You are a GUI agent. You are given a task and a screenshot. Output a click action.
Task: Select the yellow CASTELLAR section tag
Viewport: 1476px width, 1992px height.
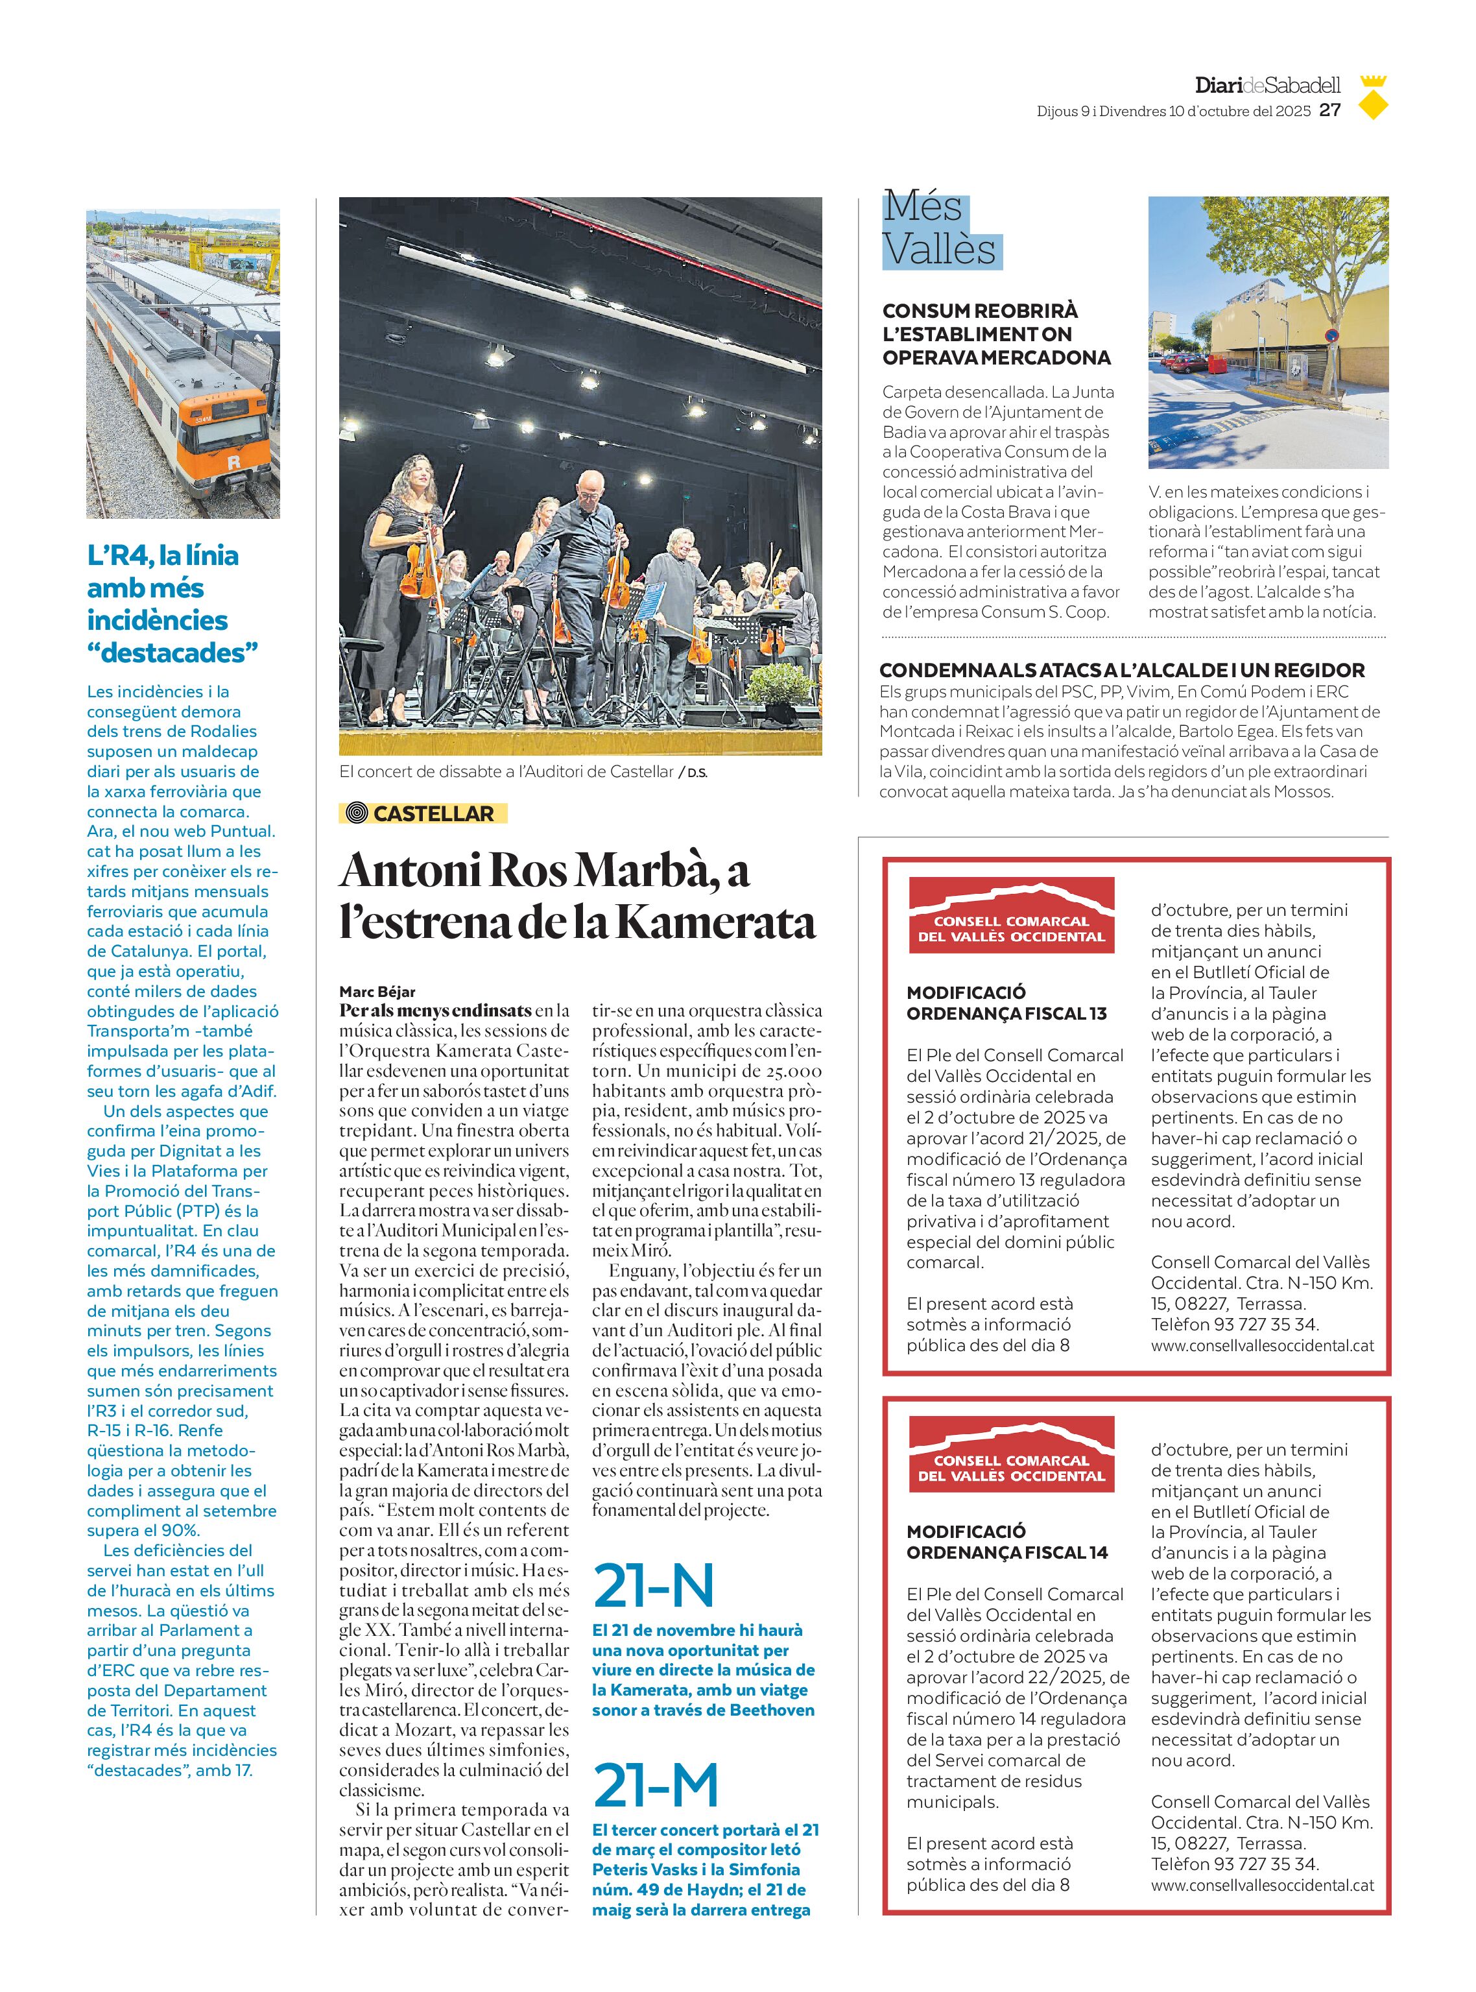click(x=423, y=813)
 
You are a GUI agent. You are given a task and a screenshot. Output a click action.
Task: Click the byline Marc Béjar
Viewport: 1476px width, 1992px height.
click(x=377, y=991)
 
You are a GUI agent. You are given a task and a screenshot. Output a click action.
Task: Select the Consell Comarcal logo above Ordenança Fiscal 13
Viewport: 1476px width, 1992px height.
click(x=1012, y=915)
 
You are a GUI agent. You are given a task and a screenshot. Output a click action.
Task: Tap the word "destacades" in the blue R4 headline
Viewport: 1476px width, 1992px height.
click(x=173, y=653)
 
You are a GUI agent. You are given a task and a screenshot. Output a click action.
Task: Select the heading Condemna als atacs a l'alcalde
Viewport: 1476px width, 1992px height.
click(x=1121, y=670)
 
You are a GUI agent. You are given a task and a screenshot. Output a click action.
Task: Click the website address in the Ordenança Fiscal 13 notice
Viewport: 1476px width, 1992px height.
click(x=1261, y=1345)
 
